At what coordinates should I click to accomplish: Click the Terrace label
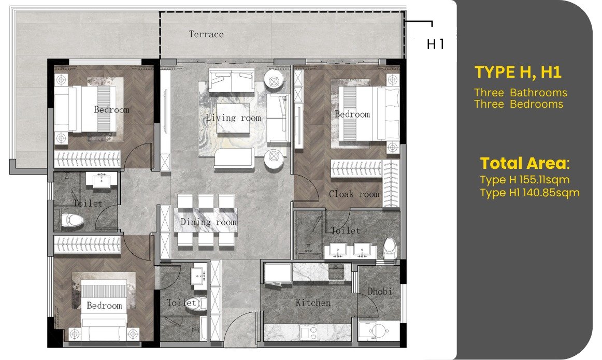(206, 34)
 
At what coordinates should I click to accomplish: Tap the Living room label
(234, 118)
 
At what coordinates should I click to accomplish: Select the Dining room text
(208, 222)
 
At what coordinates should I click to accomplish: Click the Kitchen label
(313, 303)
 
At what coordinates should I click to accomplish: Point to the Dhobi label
(380, 291)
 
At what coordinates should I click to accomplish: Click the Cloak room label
(354, 194)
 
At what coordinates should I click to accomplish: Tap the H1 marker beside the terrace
(435, 44)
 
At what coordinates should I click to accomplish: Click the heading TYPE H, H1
(518, 72)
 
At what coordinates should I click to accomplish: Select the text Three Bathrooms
(520, 93)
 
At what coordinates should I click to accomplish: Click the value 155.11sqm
(544, 180)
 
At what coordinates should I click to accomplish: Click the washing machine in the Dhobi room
(374, 331)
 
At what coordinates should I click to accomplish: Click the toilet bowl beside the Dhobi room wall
(390, 248)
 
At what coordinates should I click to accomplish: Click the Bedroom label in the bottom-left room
(104, 306)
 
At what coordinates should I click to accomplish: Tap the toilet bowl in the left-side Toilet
(72, 220)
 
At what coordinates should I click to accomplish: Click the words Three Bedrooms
(518, 104)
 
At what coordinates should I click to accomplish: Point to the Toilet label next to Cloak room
(346, 231)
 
